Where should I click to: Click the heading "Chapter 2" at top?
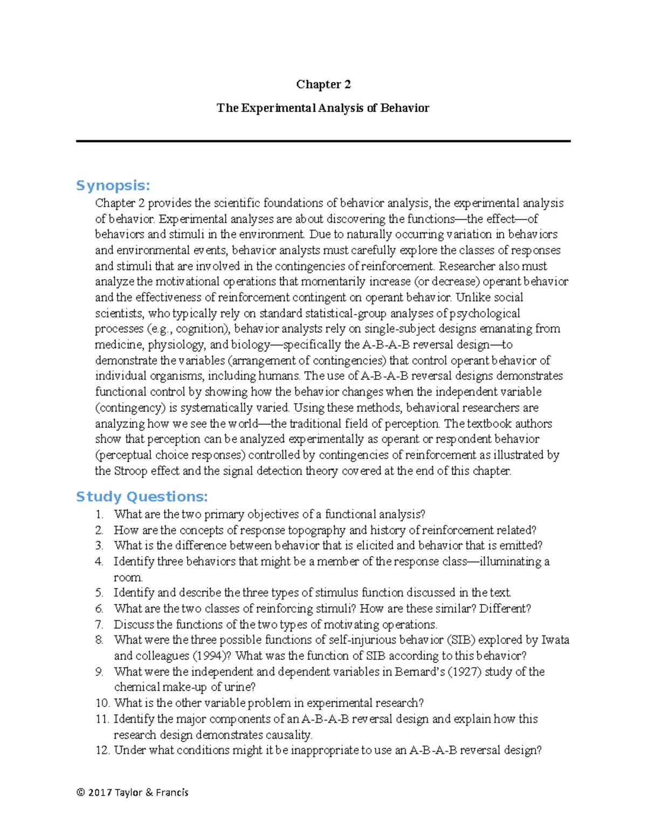tap(323, 85)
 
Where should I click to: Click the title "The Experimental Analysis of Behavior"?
tap(322, 108)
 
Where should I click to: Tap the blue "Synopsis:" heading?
tap(113, 185)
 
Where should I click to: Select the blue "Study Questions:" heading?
tap(142, 496)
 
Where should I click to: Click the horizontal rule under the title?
tap(323, 141)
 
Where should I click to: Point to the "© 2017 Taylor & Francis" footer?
tap(133, 792)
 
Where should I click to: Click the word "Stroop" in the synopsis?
tap(129, 471)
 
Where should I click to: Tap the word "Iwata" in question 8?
tap(555, 640)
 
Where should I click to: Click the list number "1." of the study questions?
tap(99, 515)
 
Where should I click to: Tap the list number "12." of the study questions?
tap(102, 750)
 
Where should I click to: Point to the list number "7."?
tap(99, 625)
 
